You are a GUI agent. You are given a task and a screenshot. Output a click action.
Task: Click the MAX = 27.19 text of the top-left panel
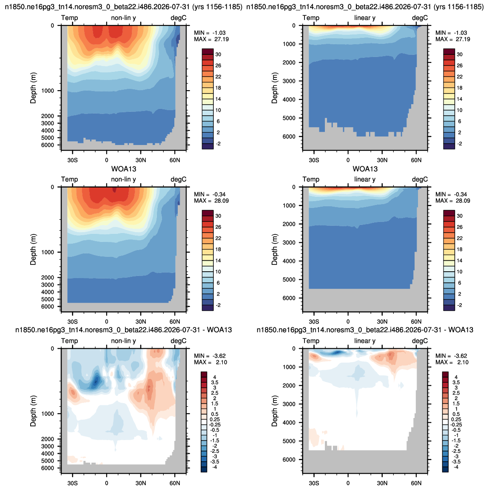(211, 39)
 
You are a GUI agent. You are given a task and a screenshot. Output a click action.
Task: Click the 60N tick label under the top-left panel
(175, 160)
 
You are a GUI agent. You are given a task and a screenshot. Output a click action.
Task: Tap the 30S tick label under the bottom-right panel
(314, 483)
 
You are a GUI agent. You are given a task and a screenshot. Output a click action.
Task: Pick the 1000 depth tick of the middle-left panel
(48, 252)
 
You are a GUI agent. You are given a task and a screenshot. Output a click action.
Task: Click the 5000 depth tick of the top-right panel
(289, 118)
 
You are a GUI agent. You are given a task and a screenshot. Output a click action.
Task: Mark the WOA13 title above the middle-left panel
(124, 169)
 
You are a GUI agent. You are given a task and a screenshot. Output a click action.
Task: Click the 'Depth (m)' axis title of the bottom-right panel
(274, 411)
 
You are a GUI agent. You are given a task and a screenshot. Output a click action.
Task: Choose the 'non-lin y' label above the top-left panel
(123, 18)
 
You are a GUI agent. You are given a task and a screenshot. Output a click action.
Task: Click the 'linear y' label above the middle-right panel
(365, 179)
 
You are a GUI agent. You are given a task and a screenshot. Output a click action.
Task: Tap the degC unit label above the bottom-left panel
(179, 341)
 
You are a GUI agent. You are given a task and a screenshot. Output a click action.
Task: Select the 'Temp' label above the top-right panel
(311, 18)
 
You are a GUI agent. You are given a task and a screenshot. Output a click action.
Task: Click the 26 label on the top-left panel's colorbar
(218, 65)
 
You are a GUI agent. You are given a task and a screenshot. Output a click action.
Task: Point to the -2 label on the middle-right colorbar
(459, 305)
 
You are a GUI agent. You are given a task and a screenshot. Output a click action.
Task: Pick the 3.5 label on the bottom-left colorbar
(215, 382)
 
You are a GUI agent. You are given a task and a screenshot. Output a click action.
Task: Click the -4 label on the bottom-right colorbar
(456, 467)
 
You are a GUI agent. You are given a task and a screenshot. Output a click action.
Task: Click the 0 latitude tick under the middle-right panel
(348, 321)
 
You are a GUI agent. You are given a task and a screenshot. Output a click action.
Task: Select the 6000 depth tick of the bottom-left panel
(48, 468)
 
